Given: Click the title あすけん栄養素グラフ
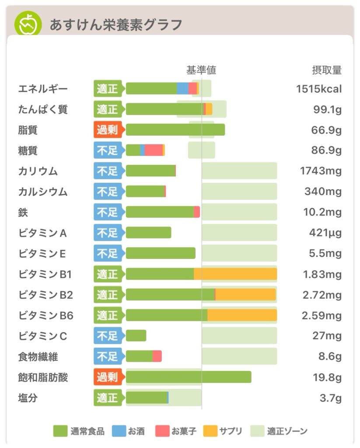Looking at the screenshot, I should pyautogui.click(x=115, y=24).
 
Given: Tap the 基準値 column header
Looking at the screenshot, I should pyautogui.click(x=201, y=70).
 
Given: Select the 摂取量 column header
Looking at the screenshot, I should pyautogui.click(x=326, y=70).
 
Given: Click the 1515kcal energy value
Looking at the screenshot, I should pyautogui.click(x=318, y=89).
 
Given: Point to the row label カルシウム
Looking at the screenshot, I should pyautogui.click(x=43, y=192).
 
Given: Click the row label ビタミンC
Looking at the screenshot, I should pyautogui.click(x=43, y=336).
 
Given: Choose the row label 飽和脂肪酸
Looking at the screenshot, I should pyautogui.click(x=43, y=377).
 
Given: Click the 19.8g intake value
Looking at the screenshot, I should pyautogui.click(x=326, y=377).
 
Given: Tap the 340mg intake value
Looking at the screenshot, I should pyautogui.click(x=323, y=192).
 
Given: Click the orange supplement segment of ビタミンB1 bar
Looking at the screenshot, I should pyautogui.click(x=235, y=274).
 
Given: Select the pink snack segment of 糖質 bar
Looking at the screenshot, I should pyautogui.click(x=154, y=150).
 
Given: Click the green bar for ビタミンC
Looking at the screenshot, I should pyautogui.click(x=136, y=336).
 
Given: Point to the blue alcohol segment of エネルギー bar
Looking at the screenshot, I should pyautogui.click(x=183, y=88).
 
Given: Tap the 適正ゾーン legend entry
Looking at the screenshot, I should pyautogui.click(x=279, y=431).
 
